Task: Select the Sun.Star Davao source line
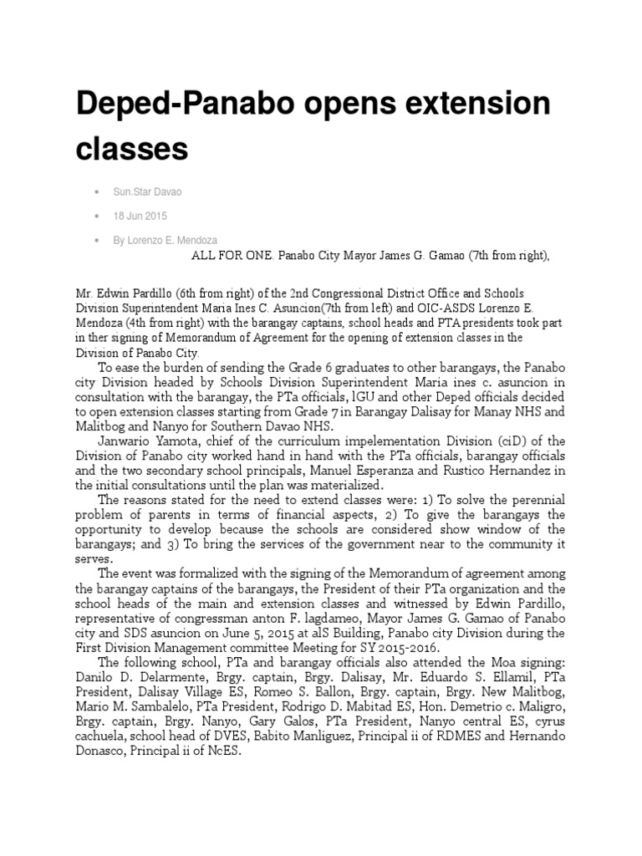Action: point(147,192)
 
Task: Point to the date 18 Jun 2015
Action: point(140,217)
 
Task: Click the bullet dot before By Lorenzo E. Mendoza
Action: point(99,241)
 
